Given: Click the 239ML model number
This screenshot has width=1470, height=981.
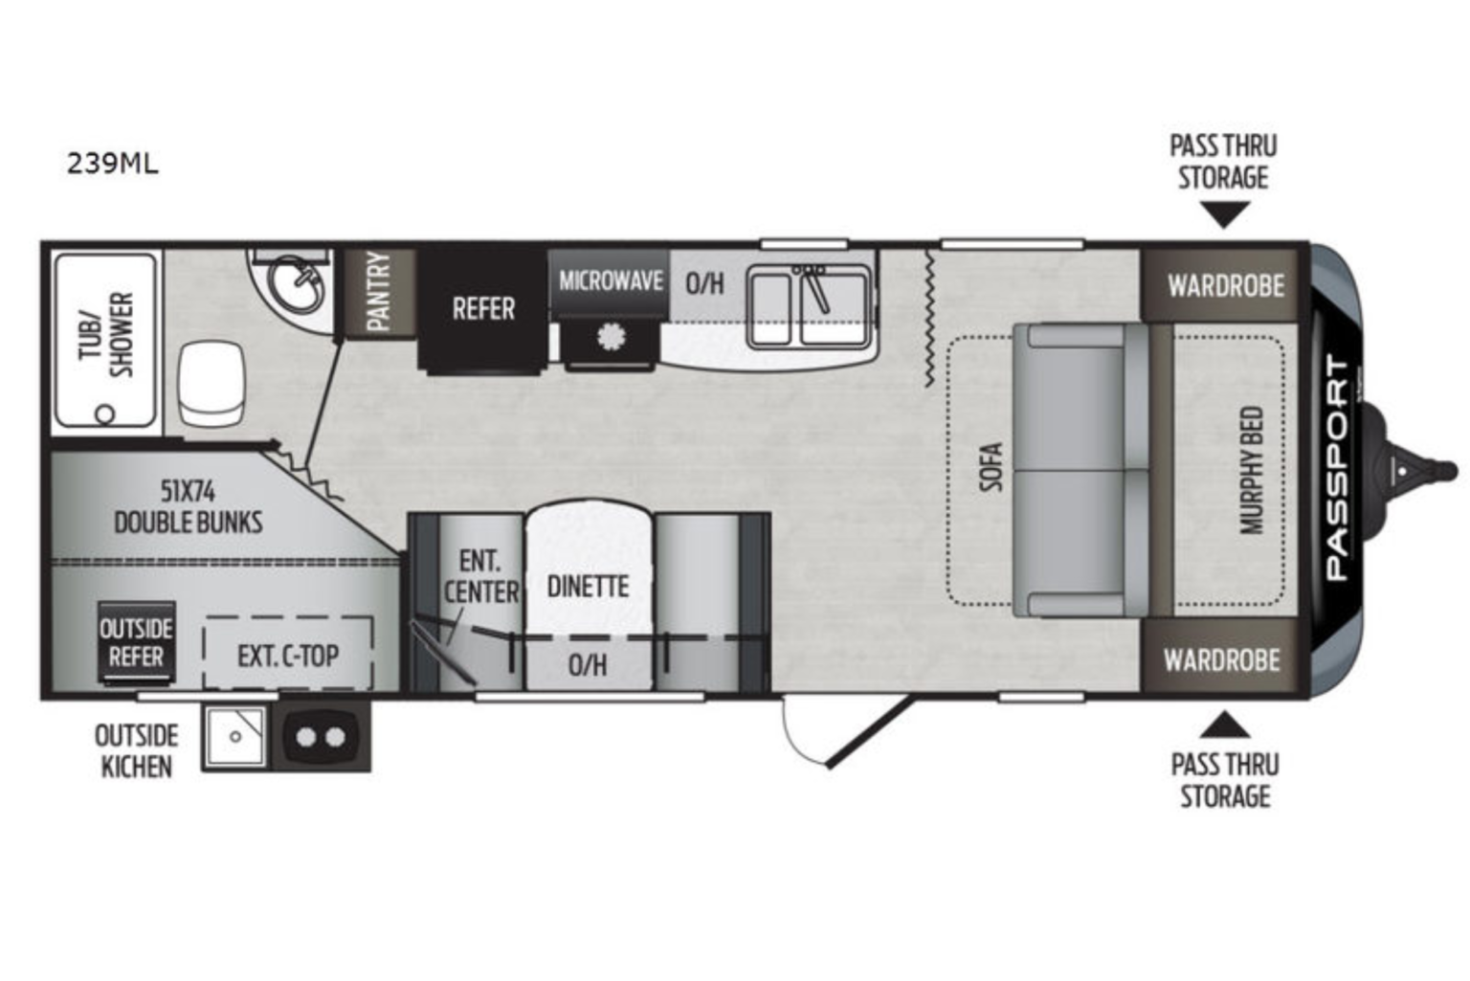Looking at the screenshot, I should click(113, 164).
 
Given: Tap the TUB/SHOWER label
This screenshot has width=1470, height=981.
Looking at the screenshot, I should click(105, 334).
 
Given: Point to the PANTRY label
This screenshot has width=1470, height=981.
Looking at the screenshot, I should click(379, 292).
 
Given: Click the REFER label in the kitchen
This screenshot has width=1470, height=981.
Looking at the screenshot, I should click(483, 308).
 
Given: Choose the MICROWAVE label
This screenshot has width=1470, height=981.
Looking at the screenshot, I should click(610, 280).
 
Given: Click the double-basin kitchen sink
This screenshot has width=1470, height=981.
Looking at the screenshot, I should click(809, 304).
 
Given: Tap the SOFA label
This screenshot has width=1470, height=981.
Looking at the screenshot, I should click(991, 467).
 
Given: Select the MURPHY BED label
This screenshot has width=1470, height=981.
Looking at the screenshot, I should click(1252, 470).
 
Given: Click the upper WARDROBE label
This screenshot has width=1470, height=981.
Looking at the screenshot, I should click(1225, 285).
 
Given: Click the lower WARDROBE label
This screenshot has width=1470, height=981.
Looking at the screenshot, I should click(1221, 659).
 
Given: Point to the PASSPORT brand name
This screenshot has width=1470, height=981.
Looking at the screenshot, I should click(1337, 469).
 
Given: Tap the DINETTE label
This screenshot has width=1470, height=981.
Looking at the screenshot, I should click(588, 586).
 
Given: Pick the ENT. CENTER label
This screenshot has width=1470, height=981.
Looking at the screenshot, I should click(479, 576).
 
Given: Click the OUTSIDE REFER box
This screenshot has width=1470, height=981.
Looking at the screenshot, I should click(136, 642).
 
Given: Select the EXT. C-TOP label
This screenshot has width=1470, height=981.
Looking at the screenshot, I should click(288, 656).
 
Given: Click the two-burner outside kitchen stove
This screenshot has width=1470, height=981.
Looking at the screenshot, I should click(322, 737).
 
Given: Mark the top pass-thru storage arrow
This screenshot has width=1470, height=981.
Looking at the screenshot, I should click(1223, 216).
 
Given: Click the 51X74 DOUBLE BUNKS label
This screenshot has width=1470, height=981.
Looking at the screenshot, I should click(188, 506).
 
